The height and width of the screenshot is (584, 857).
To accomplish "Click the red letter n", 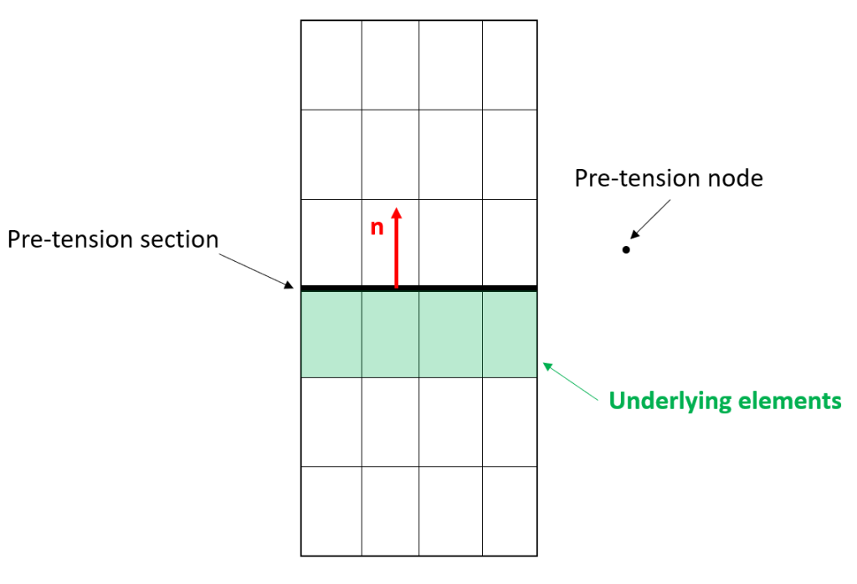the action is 377,228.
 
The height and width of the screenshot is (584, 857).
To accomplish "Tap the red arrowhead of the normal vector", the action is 397,213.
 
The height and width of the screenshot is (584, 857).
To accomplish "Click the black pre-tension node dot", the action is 626,249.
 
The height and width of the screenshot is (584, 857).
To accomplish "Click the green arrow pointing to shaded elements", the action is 571,382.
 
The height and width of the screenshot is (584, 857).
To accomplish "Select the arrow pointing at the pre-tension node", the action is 650,219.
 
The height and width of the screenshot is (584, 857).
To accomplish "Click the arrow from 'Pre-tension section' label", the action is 256,271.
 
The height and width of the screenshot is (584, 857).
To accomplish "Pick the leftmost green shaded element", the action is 331,335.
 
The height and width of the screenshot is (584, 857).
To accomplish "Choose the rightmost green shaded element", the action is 510,335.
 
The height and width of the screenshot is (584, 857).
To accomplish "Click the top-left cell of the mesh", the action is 331,65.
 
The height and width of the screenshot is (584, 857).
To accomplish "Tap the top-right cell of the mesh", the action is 510,65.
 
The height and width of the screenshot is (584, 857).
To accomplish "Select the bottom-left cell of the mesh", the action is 331,511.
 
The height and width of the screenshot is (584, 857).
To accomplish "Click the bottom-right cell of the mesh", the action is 510,511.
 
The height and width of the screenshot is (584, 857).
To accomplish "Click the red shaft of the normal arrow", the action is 397,253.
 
